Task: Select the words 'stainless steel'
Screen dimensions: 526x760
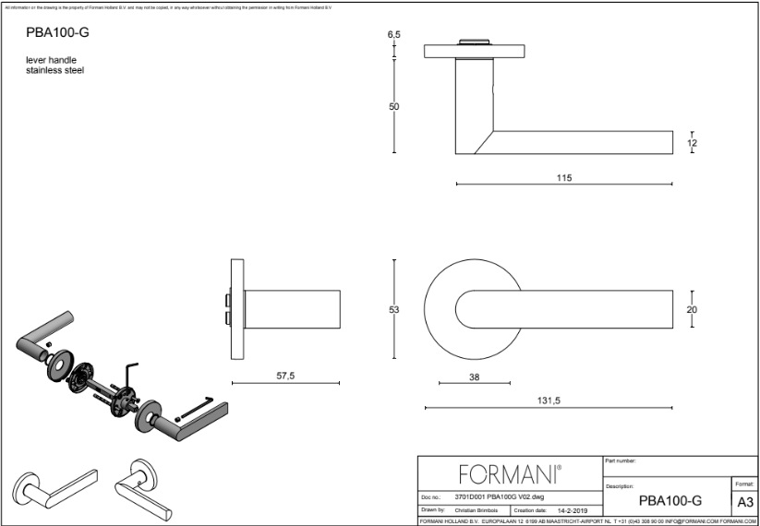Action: (55, 70)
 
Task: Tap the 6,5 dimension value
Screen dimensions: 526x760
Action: (394, 34)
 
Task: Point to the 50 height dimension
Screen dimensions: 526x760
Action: (393, 107)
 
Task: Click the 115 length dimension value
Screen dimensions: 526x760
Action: (564, 177)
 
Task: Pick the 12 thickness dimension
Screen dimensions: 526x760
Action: (692, 143)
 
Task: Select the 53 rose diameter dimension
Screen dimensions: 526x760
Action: (393, 310)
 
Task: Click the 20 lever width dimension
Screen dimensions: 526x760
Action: (692, 310)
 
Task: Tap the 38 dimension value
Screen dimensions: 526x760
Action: (474, 377)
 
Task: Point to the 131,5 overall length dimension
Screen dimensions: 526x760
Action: (548, 400)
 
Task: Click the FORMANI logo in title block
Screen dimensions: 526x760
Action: (510, 475)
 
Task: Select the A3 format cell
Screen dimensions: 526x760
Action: (743, 502)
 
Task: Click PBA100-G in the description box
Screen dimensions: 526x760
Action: (670, 501)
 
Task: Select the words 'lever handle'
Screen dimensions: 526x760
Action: (51, 60)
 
